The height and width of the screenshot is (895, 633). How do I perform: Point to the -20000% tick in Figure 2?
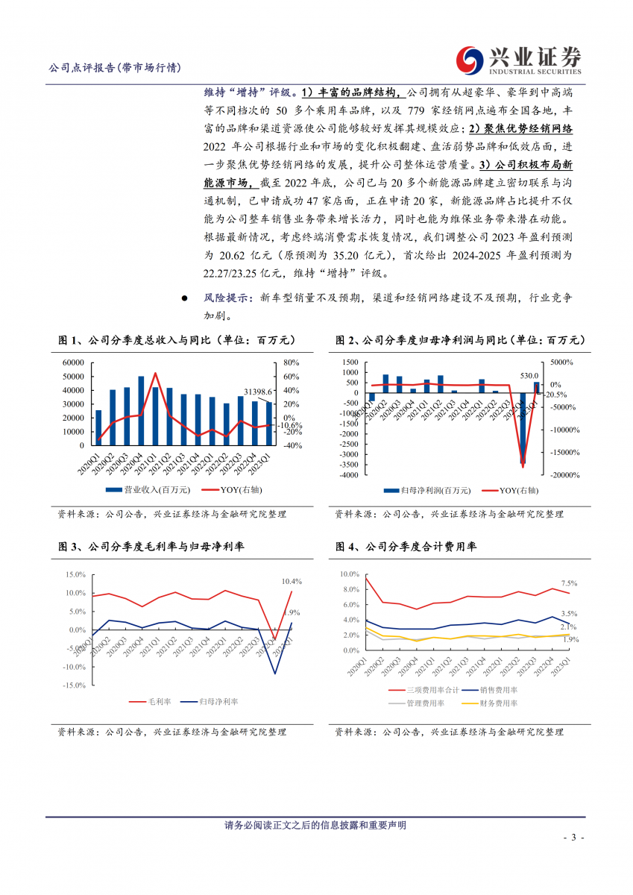[566, 474]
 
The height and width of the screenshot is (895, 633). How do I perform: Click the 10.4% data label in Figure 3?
[292, 581]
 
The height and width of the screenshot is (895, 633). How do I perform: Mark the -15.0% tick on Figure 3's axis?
[75, 685]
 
